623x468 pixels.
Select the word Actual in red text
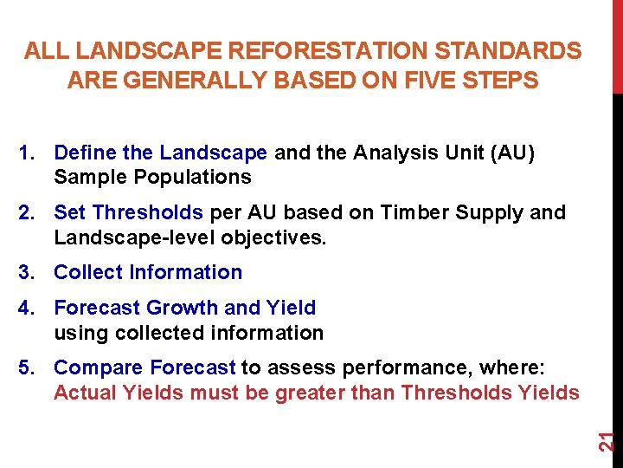[x=83, y=393]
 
